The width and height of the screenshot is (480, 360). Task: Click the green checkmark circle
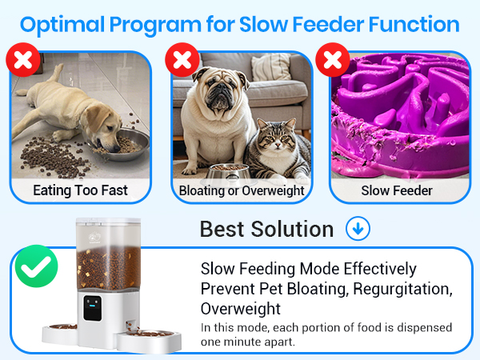(36, 269)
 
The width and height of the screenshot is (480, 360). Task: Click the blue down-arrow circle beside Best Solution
(358, 229)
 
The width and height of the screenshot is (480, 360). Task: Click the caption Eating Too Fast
(80, 190)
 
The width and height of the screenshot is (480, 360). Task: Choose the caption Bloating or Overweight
(241, 190)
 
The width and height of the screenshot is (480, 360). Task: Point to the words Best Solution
(266, 229)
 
